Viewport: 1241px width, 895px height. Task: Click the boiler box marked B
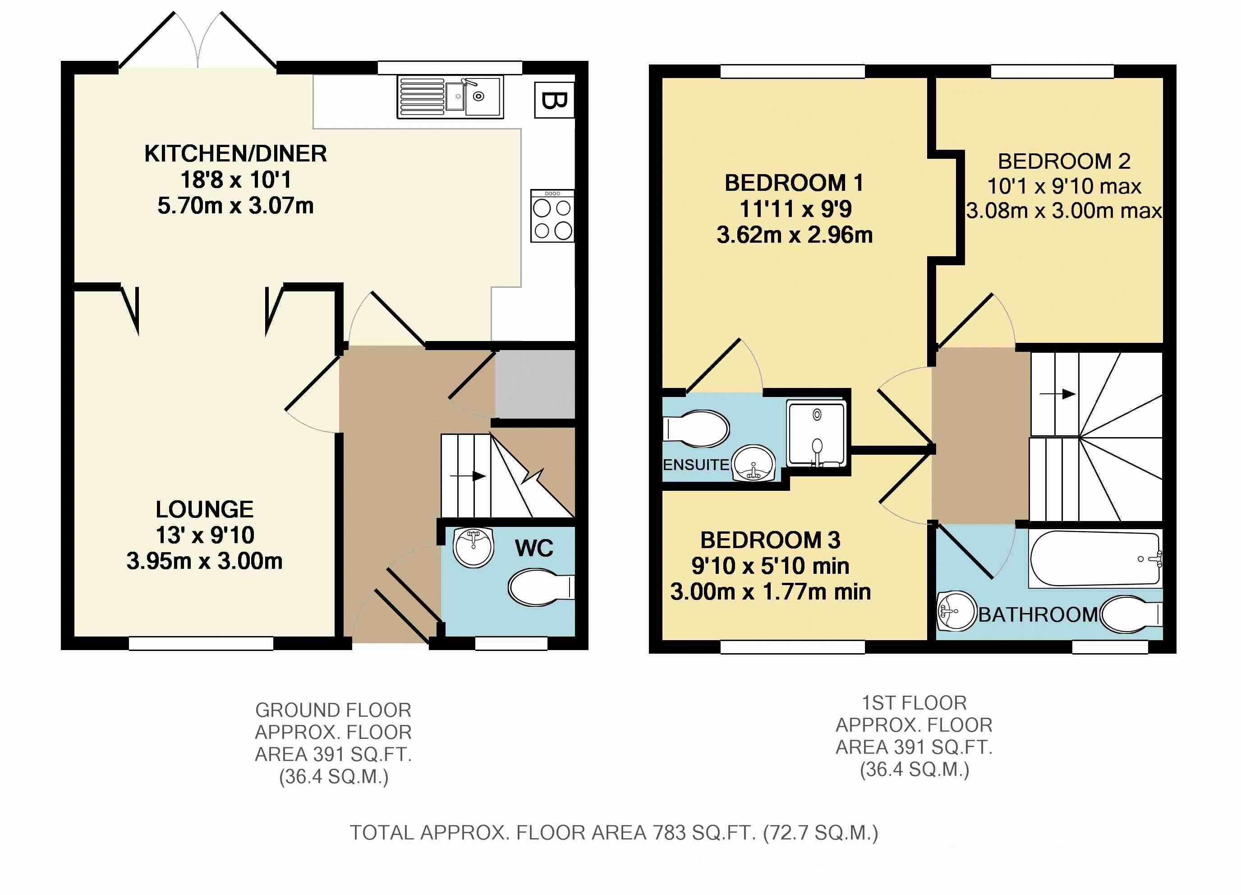[554, 100]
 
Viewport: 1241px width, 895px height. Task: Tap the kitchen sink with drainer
[450, 97]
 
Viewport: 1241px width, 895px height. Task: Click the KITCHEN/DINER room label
[235, 153]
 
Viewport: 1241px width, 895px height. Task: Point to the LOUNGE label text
[205, 509]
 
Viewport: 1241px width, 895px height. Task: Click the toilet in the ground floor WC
[541, 587]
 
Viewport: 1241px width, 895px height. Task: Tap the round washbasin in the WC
[474, 547]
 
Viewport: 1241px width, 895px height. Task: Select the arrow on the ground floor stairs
[468, 476]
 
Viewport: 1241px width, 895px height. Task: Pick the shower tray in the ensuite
[816, 434]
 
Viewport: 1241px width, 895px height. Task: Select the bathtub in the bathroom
[1095, 559]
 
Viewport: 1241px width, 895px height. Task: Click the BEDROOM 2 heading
[1064, 161]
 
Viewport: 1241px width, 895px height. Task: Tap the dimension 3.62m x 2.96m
[795, 235]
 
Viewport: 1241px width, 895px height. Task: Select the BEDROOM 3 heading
[770, 540]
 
